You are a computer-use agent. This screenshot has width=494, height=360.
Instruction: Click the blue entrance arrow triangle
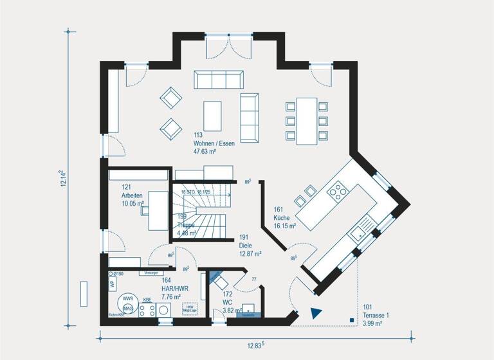316,313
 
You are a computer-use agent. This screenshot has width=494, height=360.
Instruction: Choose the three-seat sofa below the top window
219,80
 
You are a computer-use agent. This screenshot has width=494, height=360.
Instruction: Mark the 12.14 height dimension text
61,178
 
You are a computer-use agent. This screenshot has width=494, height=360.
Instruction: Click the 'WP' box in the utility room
111,283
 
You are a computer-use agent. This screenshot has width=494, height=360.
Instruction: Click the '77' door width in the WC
254,280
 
